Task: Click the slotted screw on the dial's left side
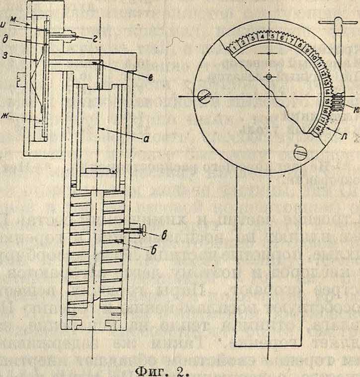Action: point(203,94)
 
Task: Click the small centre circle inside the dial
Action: point(269,76)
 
